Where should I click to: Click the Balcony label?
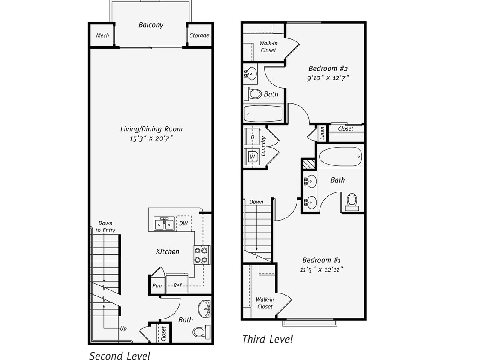coord(151,25)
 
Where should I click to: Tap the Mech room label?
coord(102,35)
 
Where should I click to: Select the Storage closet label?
coord(199,35)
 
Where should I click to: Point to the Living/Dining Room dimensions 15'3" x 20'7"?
coord(152,139)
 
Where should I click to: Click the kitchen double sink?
coord(164,224)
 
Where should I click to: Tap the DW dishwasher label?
coord(183,223)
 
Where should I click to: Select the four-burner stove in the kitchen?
coord(201,255)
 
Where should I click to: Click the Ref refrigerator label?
coord(177,285)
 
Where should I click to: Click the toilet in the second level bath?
coord(201,331)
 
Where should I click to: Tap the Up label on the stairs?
coord(123,329)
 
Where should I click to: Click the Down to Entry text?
coord(105,227)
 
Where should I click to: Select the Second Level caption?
coord(119,356)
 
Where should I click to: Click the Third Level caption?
coord(268,339)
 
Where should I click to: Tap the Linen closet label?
coord(323,133)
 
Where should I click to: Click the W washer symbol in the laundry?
coord(253,157)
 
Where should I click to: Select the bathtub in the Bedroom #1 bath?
coord(340,157)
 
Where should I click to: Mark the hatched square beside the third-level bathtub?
coord(308,164)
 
